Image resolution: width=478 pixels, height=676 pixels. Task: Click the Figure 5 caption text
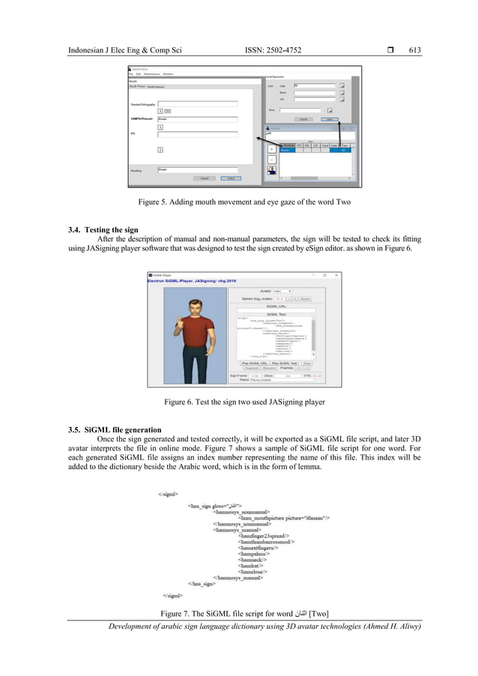[x=238, y=202]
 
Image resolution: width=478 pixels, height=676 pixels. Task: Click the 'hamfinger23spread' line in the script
[x=264, y=536]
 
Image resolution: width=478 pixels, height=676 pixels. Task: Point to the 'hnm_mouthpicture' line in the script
[x=285, y=517]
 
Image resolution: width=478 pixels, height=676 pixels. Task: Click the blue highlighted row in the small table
[x=315, y=150]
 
